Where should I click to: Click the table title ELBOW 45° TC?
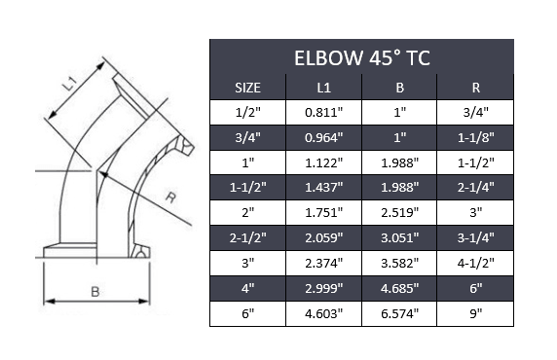click(x=361, y=57)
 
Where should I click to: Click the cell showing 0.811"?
click(x=324, y=112)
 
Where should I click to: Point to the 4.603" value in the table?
click(x=324, y=314)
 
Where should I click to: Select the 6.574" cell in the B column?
click(x=399, y=314)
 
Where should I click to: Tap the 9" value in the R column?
click(x=475, y=314)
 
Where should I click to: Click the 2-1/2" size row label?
click(x=248, y=238)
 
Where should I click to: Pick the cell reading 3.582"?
click(x=399, y=264)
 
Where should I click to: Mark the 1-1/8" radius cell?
click(x=475, y=137)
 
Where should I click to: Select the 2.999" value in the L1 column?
click(x=324, y=289)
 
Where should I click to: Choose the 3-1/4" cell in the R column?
click(x=475, y=238)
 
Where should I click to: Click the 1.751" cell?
click(x=324, y=213)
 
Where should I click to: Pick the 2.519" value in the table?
click(x=399, y=213)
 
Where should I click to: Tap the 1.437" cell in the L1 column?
click(x=324, y=188)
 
